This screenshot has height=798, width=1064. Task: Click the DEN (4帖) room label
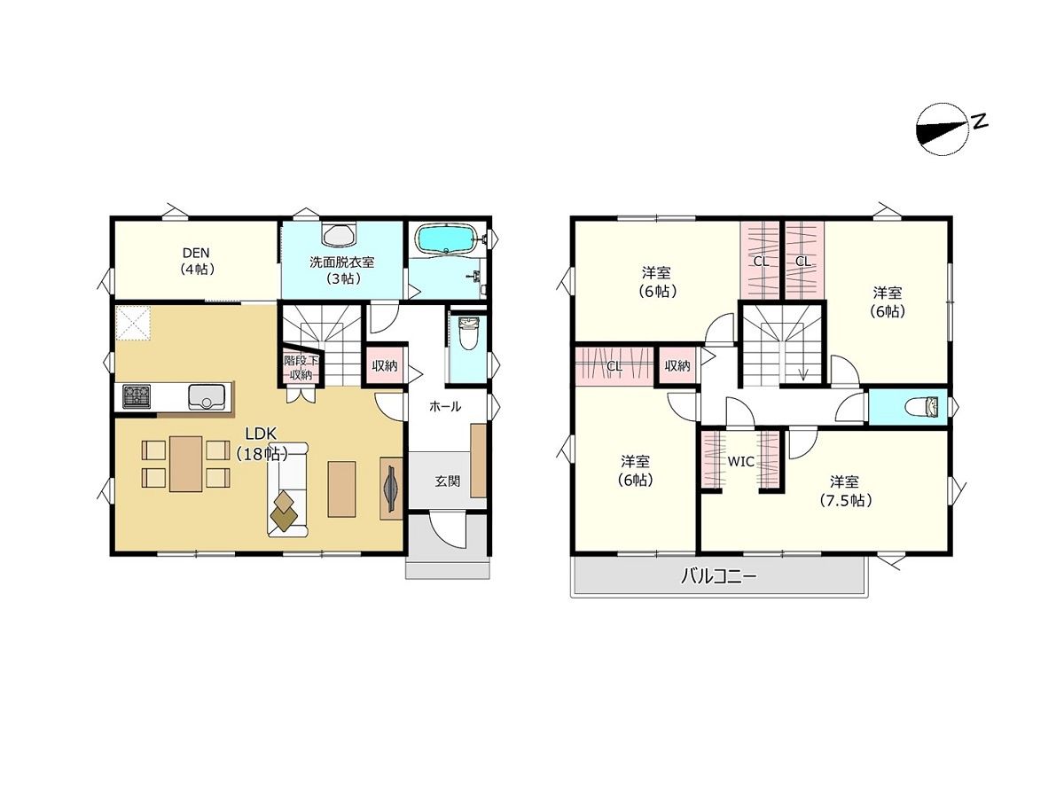pyautogui.click(x=196, y=261)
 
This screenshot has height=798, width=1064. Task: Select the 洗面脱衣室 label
pyautogui.click(x=341, y=262)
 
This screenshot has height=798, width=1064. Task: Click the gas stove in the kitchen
pyautogui.click(x=137, y=395)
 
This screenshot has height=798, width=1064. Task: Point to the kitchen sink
pyautogui.click(x=207, y=395)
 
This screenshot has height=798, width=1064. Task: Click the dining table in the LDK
pyautogui.click(x=185, y=464)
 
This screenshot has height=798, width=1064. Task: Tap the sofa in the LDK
pyautogui.click(x=288, y=489)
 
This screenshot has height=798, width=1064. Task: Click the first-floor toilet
pyautogui.click(x=468, y=333)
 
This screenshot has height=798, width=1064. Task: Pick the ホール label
pyautogui.click(x=444, y=406)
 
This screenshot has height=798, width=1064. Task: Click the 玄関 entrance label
pyautogui.click(x=447, y=481)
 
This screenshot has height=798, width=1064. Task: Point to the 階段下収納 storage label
pyautogui.click(x=301, y=367)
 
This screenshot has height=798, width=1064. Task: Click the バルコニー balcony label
pyautogui.click(x=719, y=576)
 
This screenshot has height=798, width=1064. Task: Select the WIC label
pyautogui.click(x=740, y=462)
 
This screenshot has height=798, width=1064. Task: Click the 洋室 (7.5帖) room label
pyautogui.click(x=845, y=491)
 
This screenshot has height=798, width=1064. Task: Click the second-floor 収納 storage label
pyautogui.click(x=677, y=366)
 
